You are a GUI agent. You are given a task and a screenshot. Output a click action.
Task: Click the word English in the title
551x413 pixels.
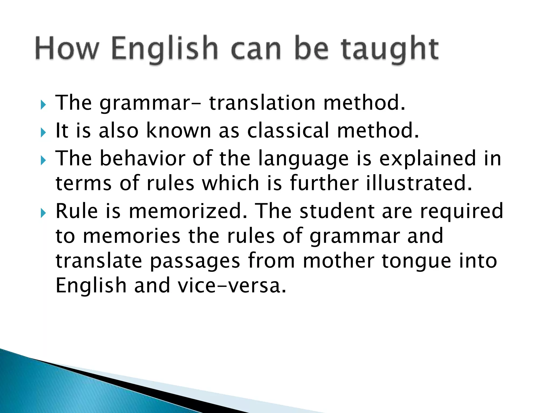click(164, 49)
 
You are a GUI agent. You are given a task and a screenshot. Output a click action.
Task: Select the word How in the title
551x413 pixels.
click(66, 49)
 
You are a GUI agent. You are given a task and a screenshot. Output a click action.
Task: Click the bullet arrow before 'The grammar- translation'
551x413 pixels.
click(43, 105)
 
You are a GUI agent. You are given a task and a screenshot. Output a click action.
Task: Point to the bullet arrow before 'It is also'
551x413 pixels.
click(43, 132)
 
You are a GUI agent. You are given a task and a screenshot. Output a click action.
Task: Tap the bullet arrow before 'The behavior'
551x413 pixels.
click(43, 161)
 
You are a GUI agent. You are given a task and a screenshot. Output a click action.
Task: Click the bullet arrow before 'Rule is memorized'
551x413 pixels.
click(43, 213)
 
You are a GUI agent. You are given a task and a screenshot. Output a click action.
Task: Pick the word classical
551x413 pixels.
click(288, 131)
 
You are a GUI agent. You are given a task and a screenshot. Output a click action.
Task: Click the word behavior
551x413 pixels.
click(143, 158)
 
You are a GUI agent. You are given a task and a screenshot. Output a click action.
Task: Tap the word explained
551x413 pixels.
click(428, 159)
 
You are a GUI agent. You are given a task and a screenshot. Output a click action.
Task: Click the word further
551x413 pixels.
click(324, 183)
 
